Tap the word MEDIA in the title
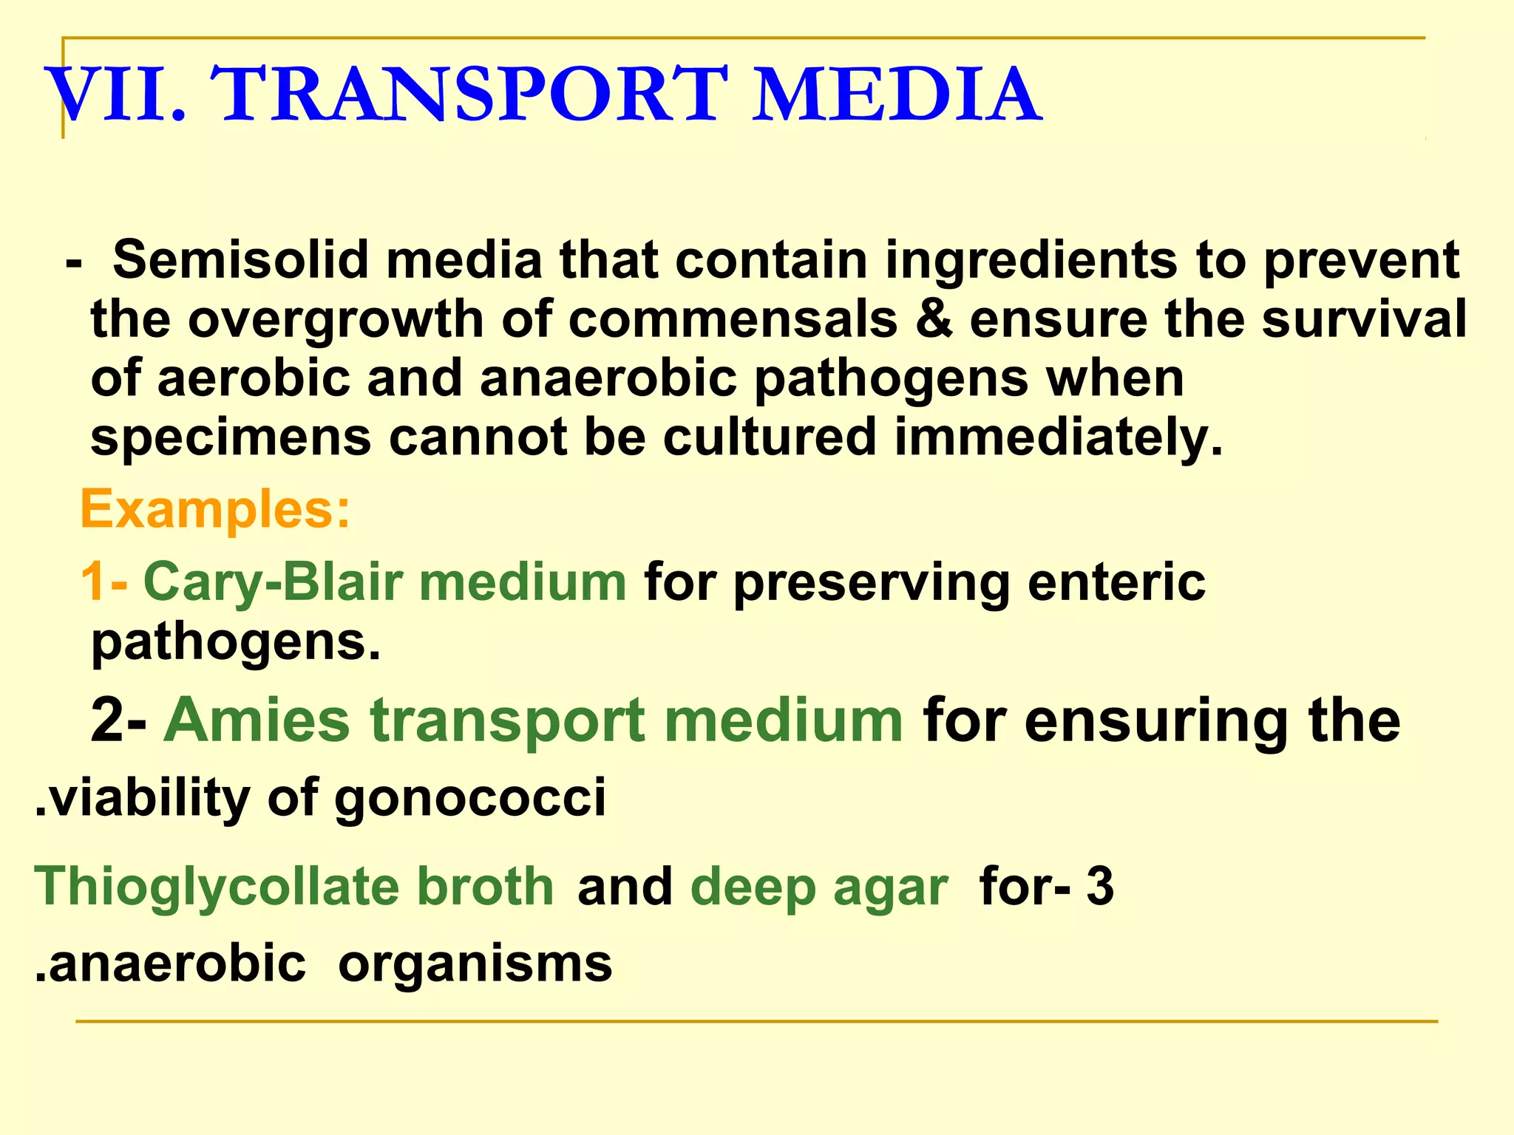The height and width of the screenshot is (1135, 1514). [x=896, y=95]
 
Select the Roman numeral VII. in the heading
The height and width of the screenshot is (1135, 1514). [x=117, y=95]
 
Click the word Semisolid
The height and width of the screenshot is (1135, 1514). [x=240, y=260]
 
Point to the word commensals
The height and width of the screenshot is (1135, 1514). [x=733, y=319]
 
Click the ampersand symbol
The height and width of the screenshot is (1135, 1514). [x=934, y=319]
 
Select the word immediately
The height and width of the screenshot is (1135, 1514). [x=1059, y=437]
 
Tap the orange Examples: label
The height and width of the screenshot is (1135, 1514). [x=214, y=510]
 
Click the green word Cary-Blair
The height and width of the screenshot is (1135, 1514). [x=273, y=582]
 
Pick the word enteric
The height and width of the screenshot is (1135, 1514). [x=1116, y=582]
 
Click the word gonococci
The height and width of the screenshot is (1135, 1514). [x=470, y=798]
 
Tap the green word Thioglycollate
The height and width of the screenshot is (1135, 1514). [x=214, y=887]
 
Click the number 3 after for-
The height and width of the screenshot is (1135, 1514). [x=1099, y=886]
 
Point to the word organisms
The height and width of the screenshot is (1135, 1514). [x=475, y=964]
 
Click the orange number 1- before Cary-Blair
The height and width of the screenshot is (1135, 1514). [x=103, y=582]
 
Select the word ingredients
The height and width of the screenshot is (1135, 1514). [x=1031, y=260]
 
